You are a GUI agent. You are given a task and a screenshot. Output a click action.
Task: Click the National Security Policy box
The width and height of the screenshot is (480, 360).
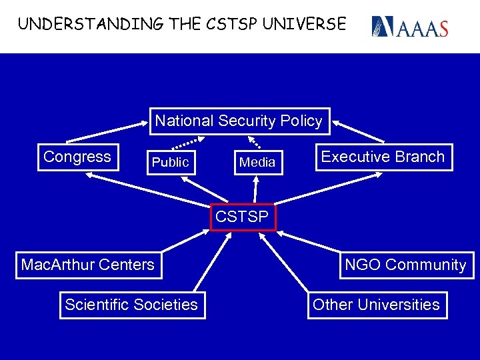pos(239,121)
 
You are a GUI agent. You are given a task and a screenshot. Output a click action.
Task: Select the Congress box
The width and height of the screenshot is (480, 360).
pos(77,157)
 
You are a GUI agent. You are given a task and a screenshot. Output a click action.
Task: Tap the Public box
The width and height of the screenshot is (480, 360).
pos(171,162)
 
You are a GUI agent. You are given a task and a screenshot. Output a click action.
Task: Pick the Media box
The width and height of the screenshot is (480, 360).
pos(257,162)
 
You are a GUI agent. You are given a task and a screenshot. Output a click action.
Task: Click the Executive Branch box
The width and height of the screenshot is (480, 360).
pos(383,157)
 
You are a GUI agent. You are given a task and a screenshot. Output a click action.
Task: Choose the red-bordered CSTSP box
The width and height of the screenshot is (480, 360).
pos(242,217)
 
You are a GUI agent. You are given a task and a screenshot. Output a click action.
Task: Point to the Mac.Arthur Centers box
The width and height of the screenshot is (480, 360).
pos(88,265)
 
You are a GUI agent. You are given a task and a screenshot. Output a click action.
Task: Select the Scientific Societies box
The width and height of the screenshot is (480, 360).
pos(131,305)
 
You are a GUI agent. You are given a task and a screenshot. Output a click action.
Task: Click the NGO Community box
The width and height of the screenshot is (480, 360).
pos(405,265)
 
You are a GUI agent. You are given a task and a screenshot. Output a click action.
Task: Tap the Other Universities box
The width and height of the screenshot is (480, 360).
pos(376,305)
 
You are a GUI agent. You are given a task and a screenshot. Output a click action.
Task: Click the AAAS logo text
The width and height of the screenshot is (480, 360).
pos(424,28)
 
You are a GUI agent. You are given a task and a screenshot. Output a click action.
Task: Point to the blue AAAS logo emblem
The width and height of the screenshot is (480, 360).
pos(383,27)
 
